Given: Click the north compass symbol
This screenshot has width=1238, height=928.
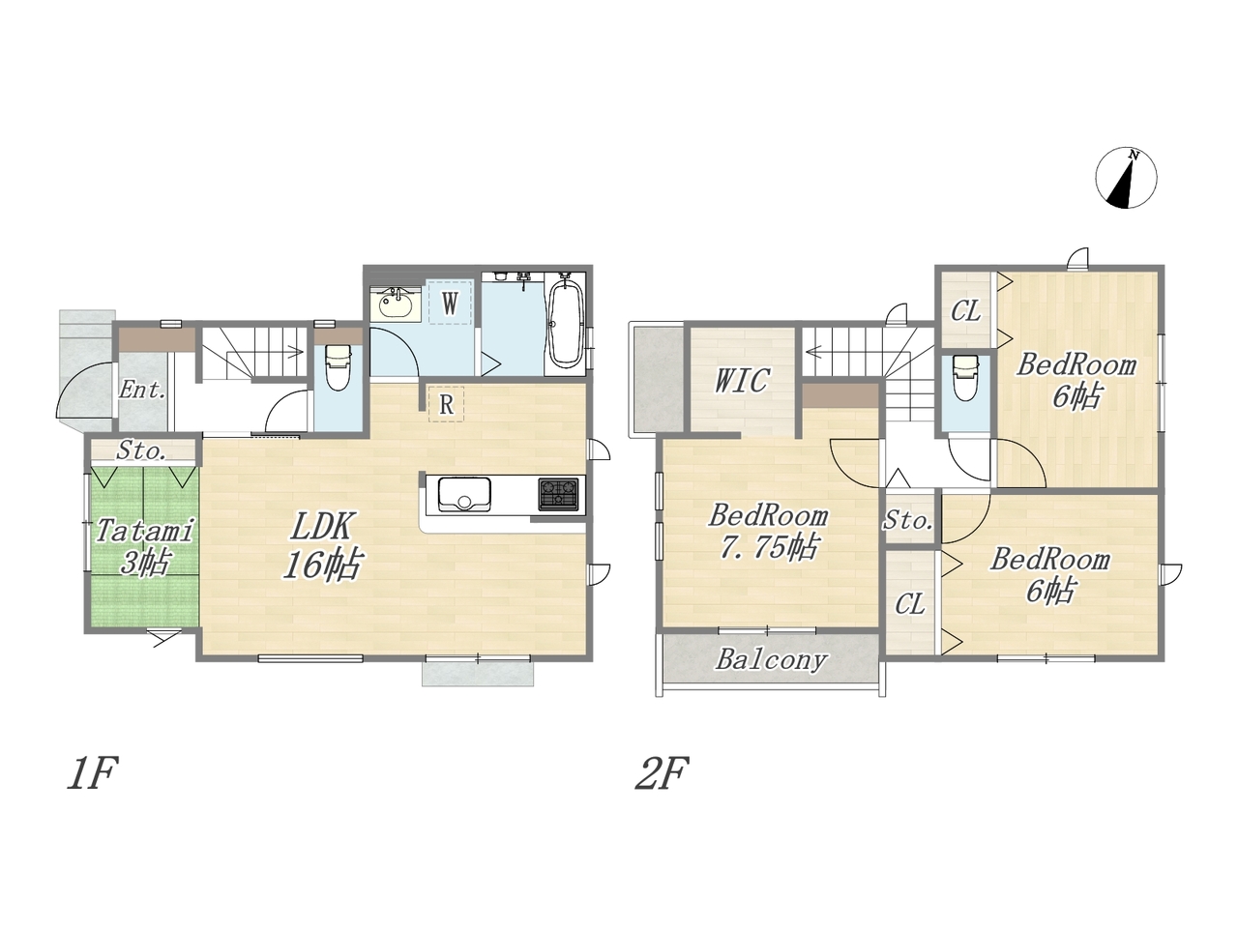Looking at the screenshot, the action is click(1127, 178).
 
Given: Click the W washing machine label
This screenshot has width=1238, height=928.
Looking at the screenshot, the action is click(450, 304).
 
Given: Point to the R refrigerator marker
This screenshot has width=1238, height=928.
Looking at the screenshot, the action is click(446, 405).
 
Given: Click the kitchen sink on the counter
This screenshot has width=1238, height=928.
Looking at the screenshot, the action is click(464, 494).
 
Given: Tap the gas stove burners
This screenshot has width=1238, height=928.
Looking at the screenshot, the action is click(558, 494).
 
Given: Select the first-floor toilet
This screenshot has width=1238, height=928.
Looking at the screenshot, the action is click(338, 367).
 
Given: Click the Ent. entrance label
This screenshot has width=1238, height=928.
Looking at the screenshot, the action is click(143, 390).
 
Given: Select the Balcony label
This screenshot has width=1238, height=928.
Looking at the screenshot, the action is click(772, 660).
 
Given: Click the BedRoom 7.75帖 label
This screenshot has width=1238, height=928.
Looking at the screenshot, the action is click(768, 532).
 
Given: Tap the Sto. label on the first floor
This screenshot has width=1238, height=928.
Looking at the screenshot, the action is click(141, 450).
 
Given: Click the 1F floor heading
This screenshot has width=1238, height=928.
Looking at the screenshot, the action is click(93, 773).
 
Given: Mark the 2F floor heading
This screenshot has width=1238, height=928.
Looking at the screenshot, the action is click(662, 773).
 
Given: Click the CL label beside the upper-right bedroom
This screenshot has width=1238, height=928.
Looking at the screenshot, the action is click(965, 311).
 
